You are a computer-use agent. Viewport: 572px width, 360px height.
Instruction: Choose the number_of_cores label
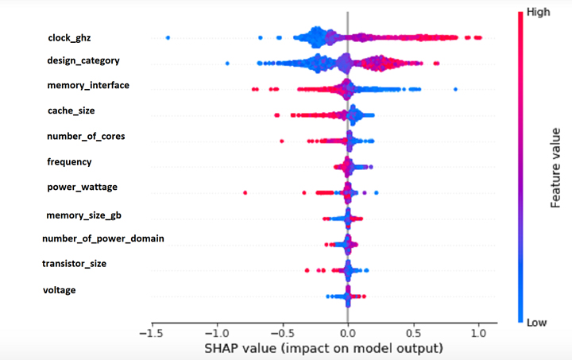tap(86, 136)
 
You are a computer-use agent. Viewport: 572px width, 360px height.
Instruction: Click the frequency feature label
tap(70, 161)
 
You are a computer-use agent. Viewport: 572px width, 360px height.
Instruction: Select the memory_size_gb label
tap(83, 215)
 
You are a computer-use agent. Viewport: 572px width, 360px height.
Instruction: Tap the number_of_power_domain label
tap(103, 238)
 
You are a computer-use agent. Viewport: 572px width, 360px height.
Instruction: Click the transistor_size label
tap(74, 263)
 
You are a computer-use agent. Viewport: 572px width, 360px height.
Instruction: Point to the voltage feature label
tap(60, 290)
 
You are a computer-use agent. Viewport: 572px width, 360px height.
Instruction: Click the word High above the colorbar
tap(539, 13)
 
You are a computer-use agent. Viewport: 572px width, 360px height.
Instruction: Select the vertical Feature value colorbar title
tap(557, 167)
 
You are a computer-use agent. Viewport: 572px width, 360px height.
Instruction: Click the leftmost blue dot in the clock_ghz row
tap(168, 38)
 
